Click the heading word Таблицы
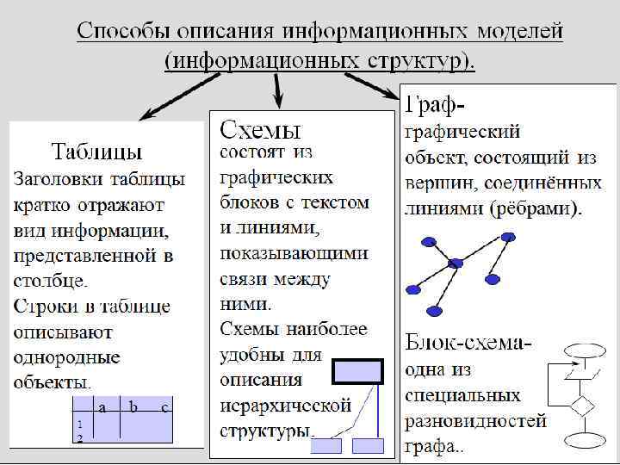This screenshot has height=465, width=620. [x=97, y=152]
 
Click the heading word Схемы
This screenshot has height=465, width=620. [x=261, y=130]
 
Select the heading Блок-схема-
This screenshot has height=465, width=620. [x=468, y=343]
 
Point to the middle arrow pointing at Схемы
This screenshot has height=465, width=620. [x=277, y=89]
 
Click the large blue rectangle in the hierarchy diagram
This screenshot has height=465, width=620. [x=358, y=371]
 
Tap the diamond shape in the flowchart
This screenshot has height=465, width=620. [x=586, y=405]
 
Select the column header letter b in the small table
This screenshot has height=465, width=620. [x=133, y=407]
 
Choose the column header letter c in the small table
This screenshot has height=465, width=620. [x=164, y=407]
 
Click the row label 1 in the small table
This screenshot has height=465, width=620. [x=79, y=425]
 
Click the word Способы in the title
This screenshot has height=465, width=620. [x=123, y=33]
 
